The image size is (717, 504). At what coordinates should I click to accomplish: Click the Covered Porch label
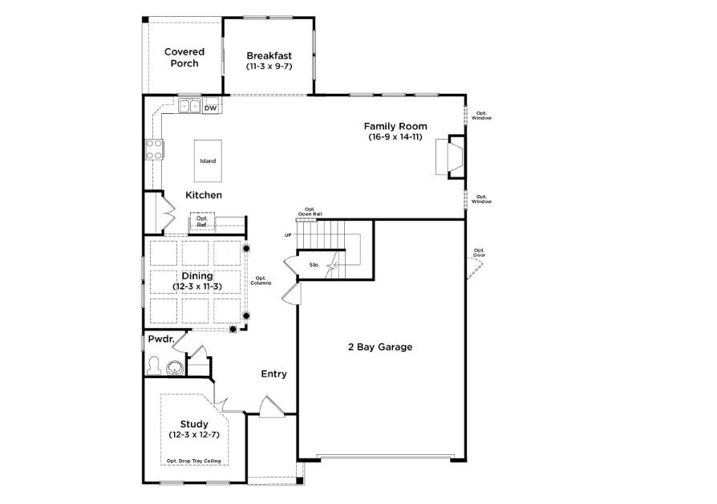[184, 58]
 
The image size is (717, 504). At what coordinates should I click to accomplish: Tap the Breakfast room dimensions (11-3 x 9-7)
[269, 67]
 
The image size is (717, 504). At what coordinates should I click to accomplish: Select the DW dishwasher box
[210, 108]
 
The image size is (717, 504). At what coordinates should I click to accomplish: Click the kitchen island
[208, 161]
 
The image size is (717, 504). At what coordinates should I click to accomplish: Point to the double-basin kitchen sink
[190, 106]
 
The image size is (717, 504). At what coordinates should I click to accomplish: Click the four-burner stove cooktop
[154, 150]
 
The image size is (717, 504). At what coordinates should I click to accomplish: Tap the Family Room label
[395, 126]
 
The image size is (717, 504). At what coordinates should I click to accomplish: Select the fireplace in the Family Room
[450, 156]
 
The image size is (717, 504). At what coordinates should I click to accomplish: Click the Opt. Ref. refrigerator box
[202, 222]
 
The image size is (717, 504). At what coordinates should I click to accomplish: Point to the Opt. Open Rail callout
[310, 212]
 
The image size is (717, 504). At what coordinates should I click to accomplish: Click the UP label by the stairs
[288, 235]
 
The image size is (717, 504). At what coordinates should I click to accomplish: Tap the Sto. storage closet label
[314, 265]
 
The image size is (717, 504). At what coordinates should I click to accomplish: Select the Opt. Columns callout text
[261, 281]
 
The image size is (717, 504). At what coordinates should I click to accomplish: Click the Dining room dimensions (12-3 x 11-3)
[197, 287]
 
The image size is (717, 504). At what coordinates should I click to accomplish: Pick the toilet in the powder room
[154, 366]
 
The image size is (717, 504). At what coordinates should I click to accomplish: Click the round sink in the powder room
[174, 368]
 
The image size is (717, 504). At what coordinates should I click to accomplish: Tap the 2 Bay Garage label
[380, 347]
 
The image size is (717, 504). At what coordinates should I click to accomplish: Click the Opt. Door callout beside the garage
[480, 253]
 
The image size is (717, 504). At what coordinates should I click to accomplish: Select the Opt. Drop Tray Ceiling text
[194, 461]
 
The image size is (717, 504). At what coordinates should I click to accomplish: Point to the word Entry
[274, 374]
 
